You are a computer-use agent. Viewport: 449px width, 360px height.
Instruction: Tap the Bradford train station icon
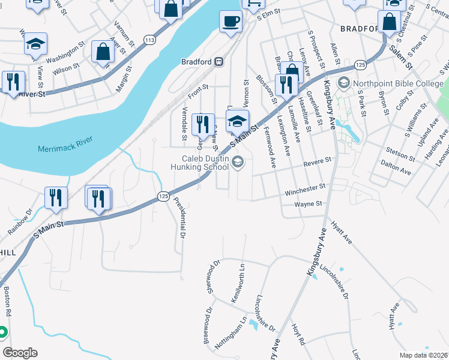(220, 61)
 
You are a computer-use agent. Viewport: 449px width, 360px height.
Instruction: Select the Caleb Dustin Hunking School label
(206, 163)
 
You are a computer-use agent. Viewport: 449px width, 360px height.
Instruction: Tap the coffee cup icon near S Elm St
(231, 23)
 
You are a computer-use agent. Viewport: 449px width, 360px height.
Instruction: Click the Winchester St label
(305, 191)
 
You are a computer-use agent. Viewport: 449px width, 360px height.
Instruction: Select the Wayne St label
(309, 205)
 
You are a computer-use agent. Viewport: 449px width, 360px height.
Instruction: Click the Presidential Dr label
(179, 220)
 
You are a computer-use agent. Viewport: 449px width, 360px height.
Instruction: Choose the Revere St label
(317, 161)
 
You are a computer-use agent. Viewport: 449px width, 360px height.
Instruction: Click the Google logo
(20, 353)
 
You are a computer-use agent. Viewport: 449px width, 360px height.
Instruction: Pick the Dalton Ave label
(398, 171)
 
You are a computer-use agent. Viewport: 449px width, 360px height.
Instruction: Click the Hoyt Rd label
(298, 335)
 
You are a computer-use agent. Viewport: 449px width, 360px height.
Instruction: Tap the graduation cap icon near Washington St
(35, 44)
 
